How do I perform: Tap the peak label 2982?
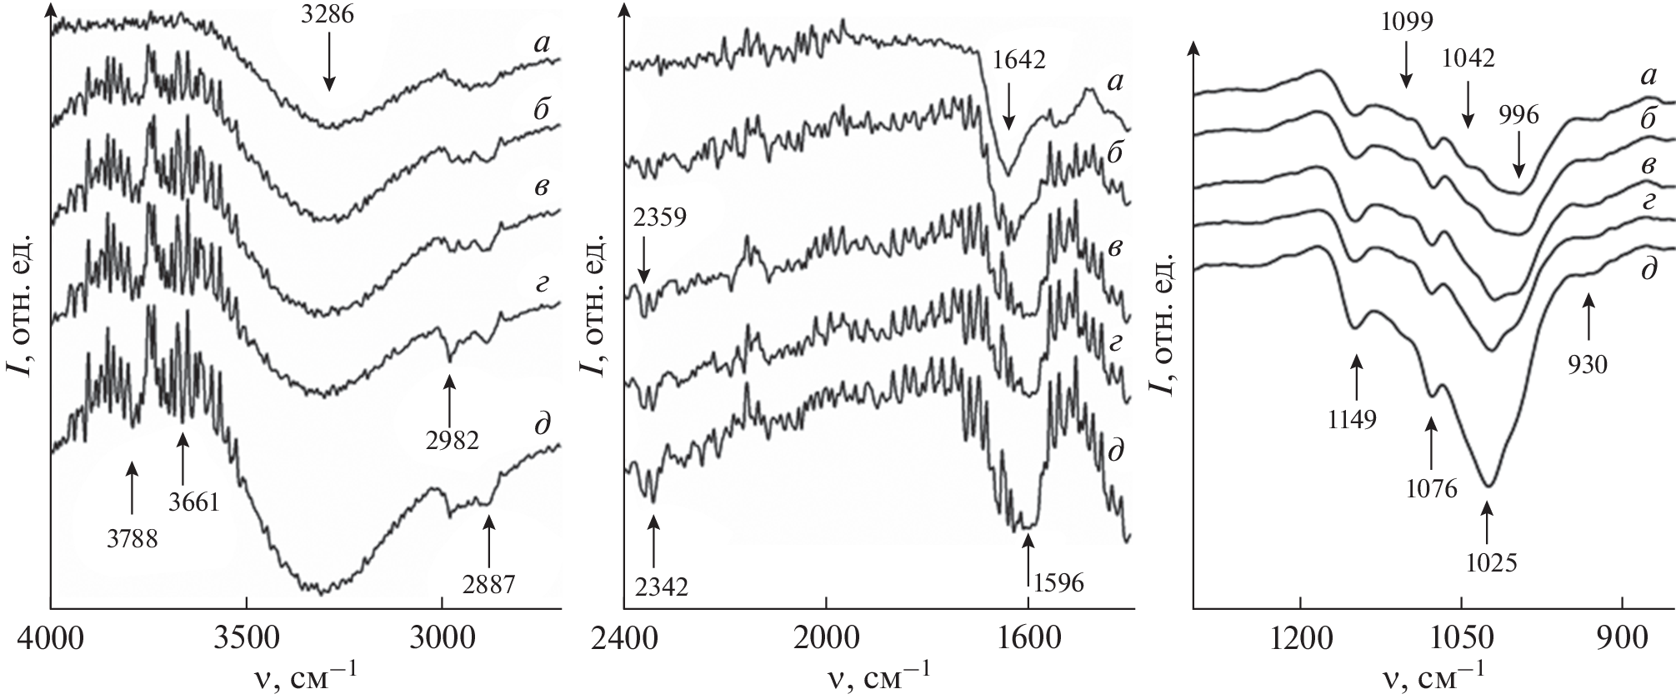(x=450, y=440)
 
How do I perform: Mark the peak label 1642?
(x=1018, y=59)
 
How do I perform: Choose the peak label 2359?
(x=659, y=218)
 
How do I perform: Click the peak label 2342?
(x=659, y=587)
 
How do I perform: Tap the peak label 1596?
(x=1058, y=582)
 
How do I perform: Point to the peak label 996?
(x=1518, y=115)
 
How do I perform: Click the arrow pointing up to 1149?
(x=1358, y=376)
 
